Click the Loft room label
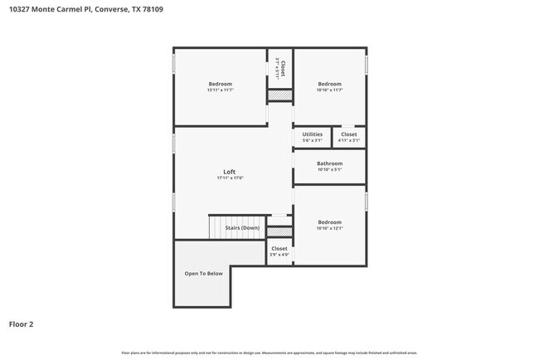tap(229, 172)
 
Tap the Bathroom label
tap(329, 163)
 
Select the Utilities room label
tap(312, 134)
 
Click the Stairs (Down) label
tap(242, 227)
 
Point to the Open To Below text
tap(203, 273)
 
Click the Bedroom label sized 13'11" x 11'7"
tap(220, 84)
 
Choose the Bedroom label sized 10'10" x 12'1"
tap(329, 221)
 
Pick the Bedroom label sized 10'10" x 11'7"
tap(329, 84)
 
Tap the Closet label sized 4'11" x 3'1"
tap(349, 134)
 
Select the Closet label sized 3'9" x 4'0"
tap(279, 248)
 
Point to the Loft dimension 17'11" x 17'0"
tap(229, 178)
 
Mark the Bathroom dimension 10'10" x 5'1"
tap(329, 169)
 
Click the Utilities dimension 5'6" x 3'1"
tap(312, 140)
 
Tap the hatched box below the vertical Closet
tap(279, 96)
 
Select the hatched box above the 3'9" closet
tap(279, 231)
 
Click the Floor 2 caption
tap(21, 324)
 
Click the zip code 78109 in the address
tap(151, 10)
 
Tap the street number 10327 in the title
tap(20, 10)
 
